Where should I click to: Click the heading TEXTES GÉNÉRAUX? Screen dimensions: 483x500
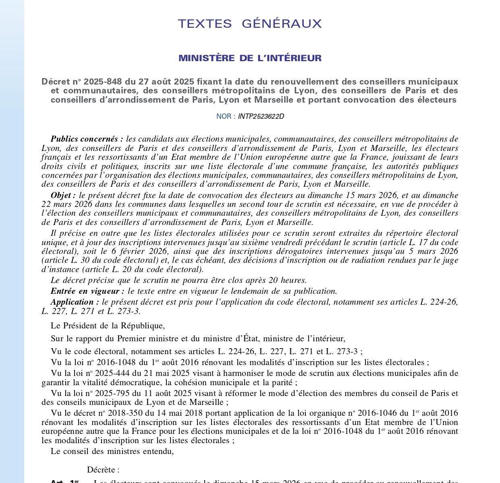pos(250,24)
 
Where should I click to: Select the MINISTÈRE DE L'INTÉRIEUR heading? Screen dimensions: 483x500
pos(250,58)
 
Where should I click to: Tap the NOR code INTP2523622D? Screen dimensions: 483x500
pos(261,117)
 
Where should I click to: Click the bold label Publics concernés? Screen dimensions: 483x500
pos(87,139)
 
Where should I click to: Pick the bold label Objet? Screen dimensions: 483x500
pos(63,196)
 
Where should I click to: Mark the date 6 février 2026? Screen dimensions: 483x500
pos(133,251)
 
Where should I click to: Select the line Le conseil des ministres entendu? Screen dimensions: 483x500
pos(112,451)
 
